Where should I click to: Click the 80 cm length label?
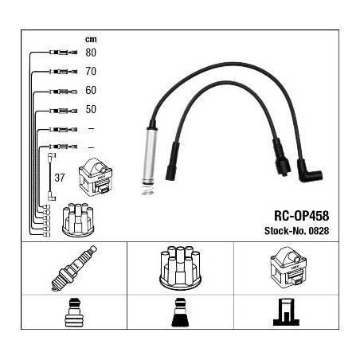coord(91,53)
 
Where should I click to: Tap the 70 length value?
coord(91,71)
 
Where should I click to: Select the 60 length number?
coord(91,90)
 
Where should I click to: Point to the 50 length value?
coord(91,109)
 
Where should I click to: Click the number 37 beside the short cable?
coord(60,178)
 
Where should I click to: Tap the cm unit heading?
coord(91,39)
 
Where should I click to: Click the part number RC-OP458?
coord(301,216)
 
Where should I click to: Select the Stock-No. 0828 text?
coord(296,231)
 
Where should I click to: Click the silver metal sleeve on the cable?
coord(149,157)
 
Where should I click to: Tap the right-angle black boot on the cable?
coord(309,171)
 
